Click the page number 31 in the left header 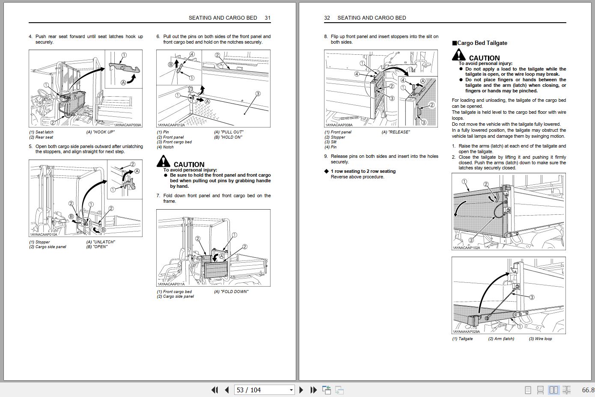[x=268, y=18]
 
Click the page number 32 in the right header [x=327, y=18]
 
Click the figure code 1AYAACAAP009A [x=128, y=125]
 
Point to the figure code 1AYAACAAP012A [x=171, y=124]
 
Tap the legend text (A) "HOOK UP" [x=101, y=132]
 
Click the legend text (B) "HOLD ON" [x=228, y=137]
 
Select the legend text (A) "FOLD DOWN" [x=231, y=292]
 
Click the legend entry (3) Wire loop [x=540, y=339]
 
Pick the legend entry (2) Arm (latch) [x=501, y=339]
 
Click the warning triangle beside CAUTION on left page [x=163, y=161]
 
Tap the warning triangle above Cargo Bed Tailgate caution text [x=458, y=55]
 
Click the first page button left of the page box [x=214, y=390]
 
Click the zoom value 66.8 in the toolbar [x=588, y=390]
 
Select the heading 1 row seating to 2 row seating [x=363, y=171]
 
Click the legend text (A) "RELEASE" [x=396, y=132]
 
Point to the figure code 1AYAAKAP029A [x=466, y=332]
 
